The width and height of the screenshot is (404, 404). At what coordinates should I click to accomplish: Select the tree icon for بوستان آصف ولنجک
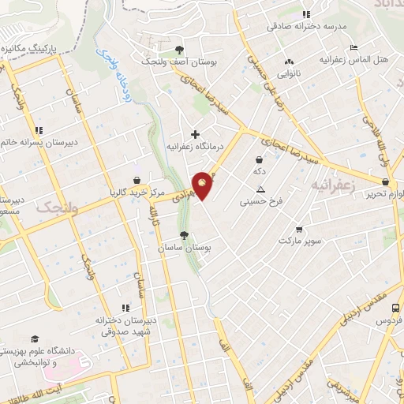point(180,48)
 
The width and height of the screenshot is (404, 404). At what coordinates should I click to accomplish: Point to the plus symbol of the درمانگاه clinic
point(195,134)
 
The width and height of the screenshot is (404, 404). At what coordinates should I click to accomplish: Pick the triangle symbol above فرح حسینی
point(260,189)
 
